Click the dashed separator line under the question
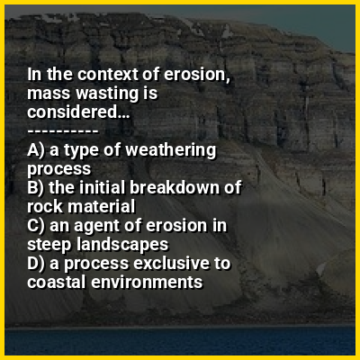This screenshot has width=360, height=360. point(63,131)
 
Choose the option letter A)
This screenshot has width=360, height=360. point(36,150)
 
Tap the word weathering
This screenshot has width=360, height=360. point(170,150)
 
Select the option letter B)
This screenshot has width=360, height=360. point(36,188)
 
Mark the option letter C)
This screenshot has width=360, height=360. point(36,226)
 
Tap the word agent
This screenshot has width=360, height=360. point(96,227)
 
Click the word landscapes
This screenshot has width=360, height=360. point(122,245)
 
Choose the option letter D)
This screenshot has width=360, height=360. point(36,264)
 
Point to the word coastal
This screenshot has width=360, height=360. point(56,283)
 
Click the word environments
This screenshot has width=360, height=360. point(147,283)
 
